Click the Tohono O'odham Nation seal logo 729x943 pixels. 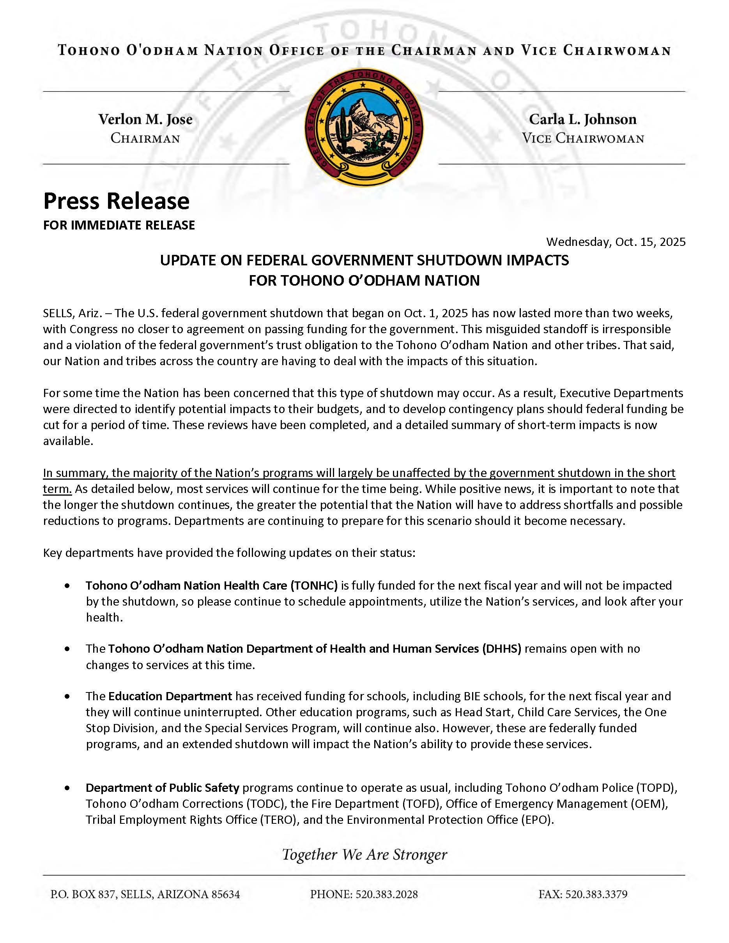point(364,128)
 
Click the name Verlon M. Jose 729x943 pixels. point(145,119)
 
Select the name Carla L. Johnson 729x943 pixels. point(582,119)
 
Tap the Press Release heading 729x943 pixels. point(116,201)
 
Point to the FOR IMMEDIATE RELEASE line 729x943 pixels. point(119,225)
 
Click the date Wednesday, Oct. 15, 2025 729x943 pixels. point(616,242)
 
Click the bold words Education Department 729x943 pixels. point(170,696)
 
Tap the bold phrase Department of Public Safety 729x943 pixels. point(163,788)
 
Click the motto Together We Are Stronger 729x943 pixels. point(364,855)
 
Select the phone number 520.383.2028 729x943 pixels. point(386,894)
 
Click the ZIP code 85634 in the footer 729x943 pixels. point(225,894)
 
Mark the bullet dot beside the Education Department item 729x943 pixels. point(67,696)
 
